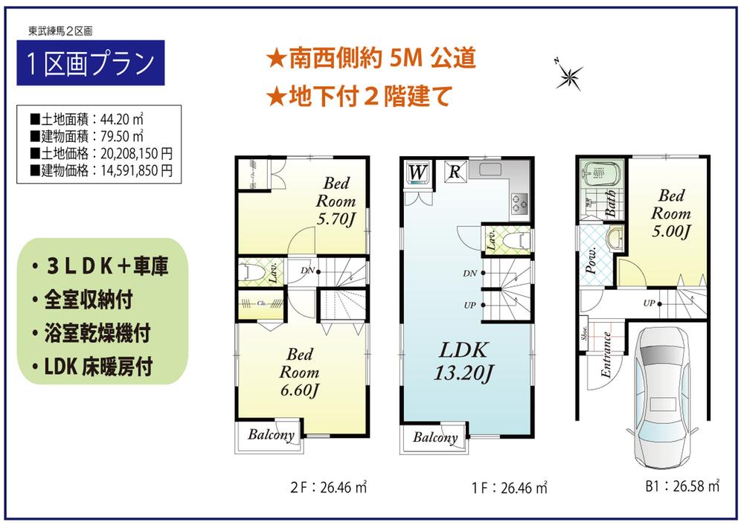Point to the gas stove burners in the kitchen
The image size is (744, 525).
click(x=519, y=201)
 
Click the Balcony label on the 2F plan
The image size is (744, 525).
click(x=271, y=435)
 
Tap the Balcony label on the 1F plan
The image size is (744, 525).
click(x=435, y=437)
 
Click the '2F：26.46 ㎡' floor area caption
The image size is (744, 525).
click(x=329, y=489)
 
